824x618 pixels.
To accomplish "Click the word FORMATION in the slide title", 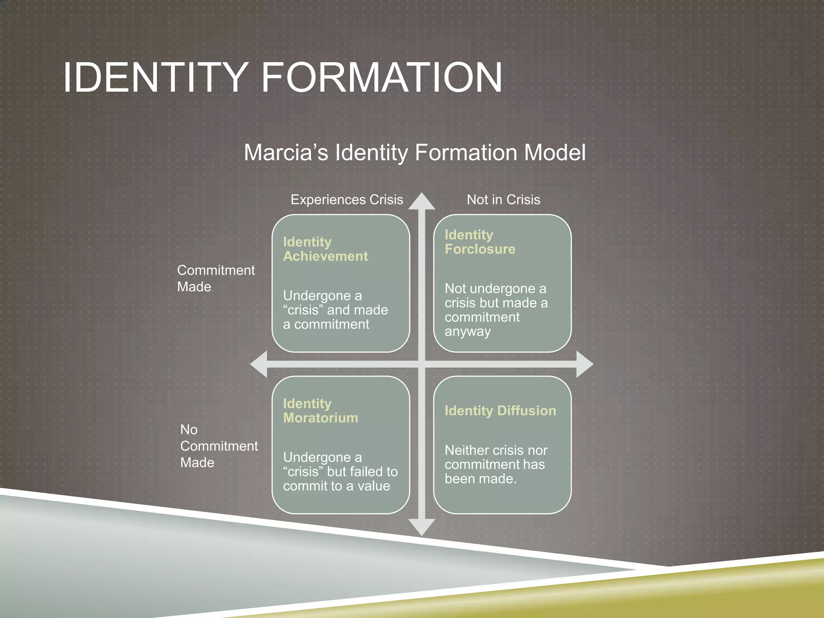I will [x=381, y=77].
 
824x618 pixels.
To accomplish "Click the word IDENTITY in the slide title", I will [x=155, y=77].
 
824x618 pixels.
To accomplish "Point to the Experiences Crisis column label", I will [x=346, y=200].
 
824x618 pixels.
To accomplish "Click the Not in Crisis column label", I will [x=503, y=200].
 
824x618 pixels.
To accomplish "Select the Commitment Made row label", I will [x=216, y=278].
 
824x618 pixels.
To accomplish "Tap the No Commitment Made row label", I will [x=218, y=446].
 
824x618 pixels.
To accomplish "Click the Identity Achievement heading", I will [x=325, y=249].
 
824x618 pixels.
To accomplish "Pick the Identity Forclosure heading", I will [x=480, y=242].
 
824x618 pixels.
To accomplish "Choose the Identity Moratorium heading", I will [x=320, y=410].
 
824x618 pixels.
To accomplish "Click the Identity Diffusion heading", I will [x=500, y=410].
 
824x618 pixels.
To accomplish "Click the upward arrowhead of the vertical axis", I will [x=422, y=202].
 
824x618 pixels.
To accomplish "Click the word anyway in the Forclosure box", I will [x=468, y=332].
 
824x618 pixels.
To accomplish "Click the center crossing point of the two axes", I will [x=422, y=364].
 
